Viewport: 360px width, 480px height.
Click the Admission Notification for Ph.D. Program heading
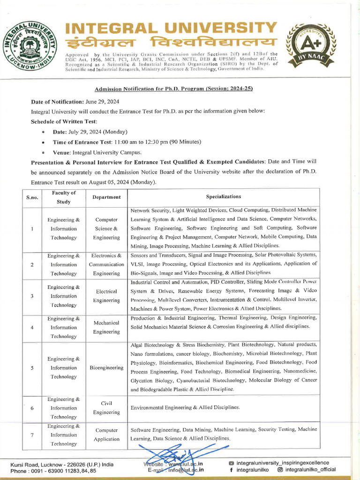[174, 89]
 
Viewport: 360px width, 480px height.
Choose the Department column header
[106, 197]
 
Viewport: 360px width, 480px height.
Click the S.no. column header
[32, 197]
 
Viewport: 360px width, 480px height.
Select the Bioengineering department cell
[106, 368]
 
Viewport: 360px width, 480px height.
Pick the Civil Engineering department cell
[106, 408]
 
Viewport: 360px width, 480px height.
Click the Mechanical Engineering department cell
[106, 327]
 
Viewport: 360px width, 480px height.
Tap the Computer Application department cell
[106, 435]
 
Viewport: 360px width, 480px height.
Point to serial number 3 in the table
[32, 296]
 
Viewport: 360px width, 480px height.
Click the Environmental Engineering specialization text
[185, 407]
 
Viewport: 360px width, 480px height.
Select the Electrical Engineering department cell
[106, 296]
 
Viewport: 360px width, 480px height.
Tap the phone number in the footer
[53, 471]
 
